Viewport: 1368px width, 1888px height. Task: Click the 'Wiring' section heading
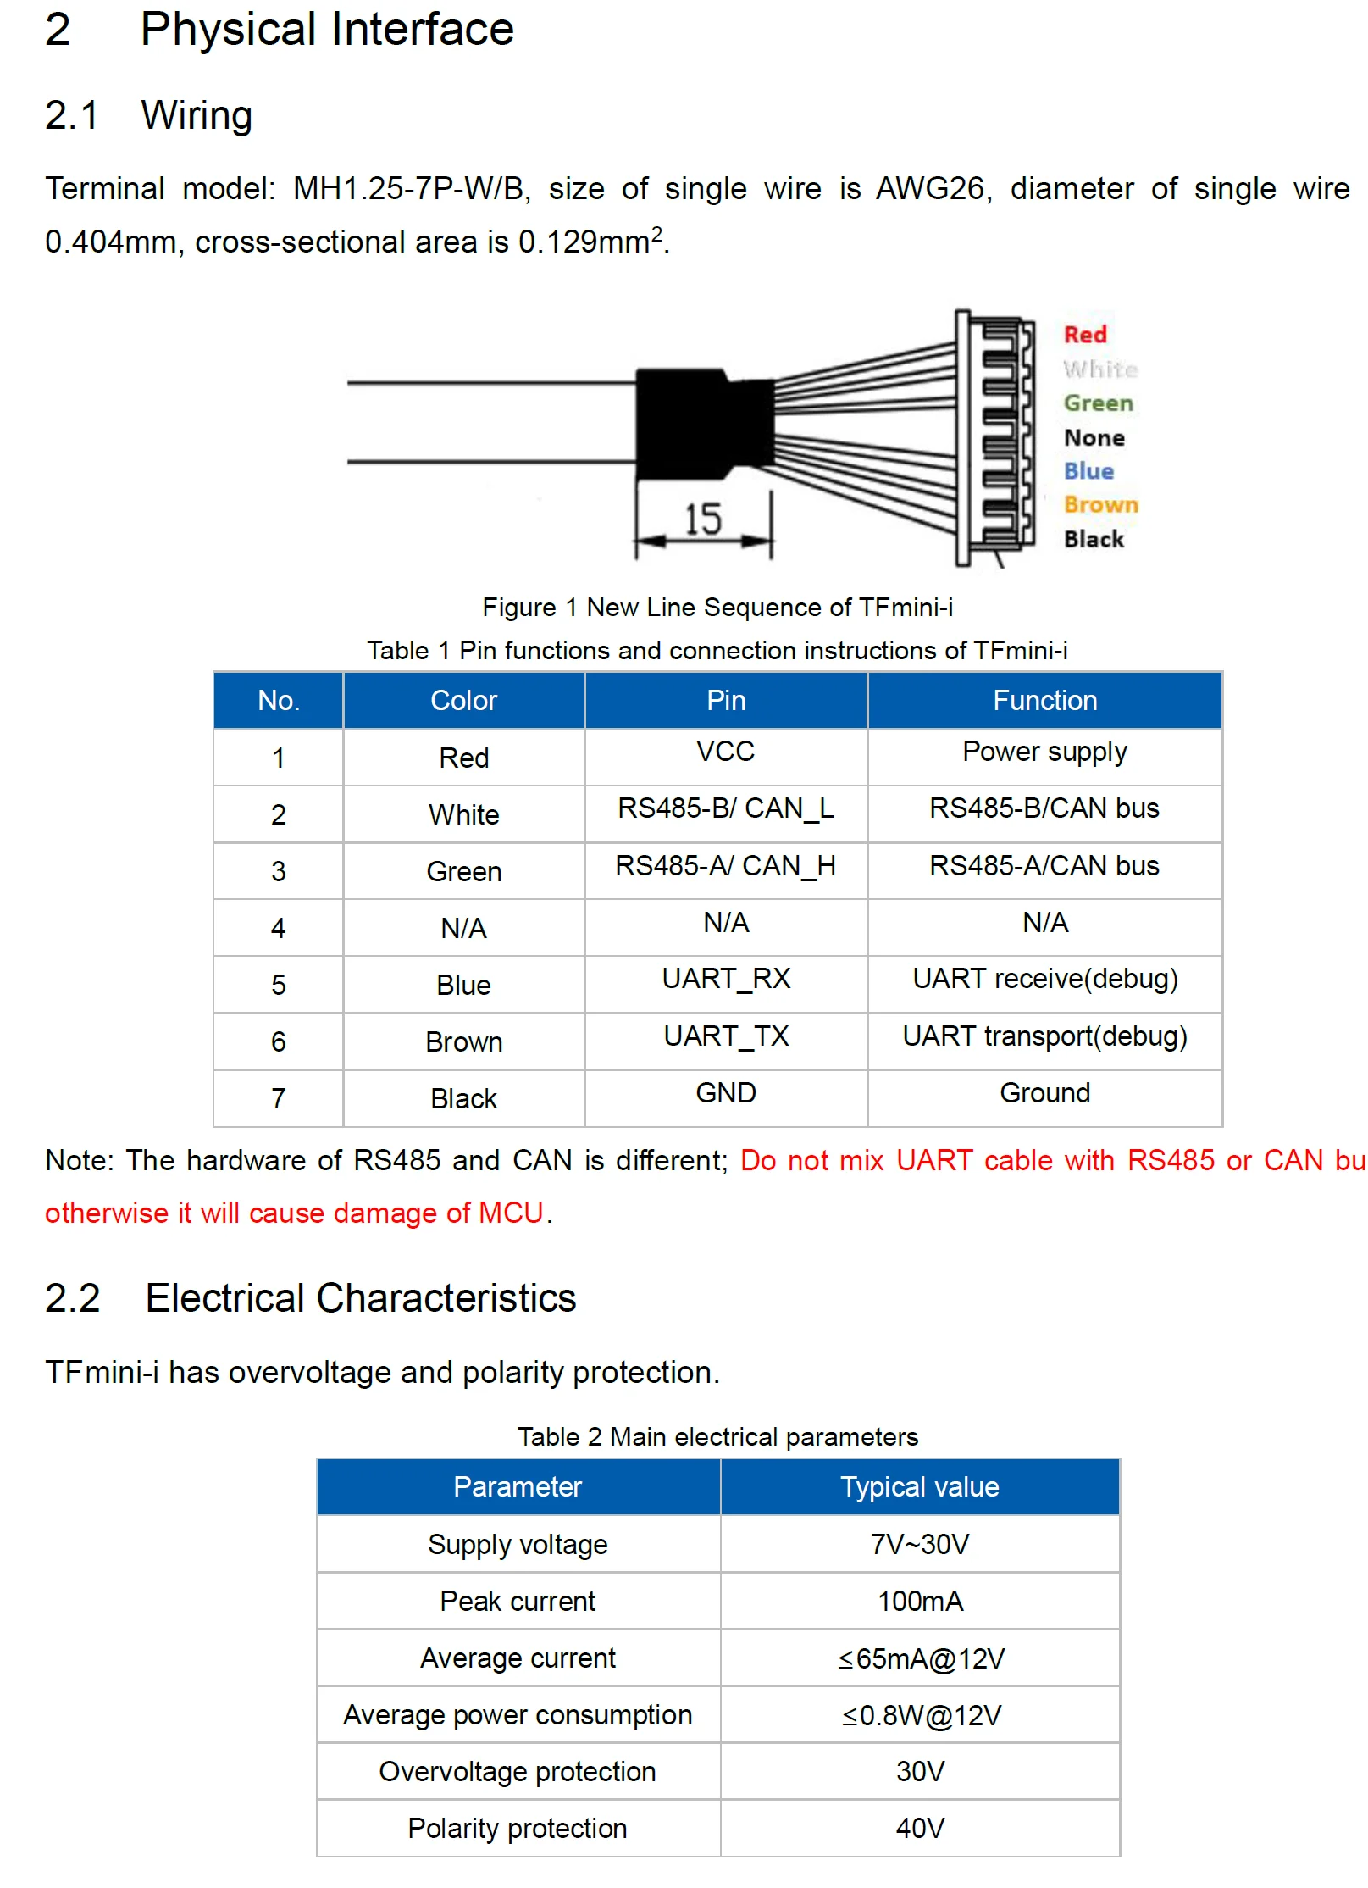[x=197, y=115]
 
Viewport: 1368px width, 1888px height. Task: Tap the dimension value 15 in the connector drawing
[x=702, y=519]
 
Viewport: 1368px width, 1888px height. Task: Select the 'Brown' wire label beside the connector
[x=1100, y=505]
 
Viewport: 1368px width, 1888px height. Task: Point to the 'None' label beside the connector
[x=1094, y=438]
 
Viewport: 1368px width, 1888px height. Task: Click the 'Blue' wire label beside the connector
[x=1088, y=471]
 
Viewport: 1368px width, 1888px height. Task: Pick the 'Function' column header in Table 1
[x=1044, y=701]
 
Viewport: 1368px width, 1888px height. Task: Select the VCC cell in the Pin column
[x=725, y=752]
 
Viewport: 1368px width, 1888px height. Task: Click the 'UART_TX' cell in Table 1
[x=726, y=1036]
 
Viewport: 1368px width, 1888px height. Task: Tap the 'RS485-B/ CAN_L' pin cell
[x=725, y=808]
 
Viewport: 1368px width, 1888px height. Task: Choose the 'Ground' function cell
[x=1044, y=1093]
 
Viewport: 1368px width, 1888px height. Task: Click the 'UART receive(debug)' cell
[x=1044, y=979]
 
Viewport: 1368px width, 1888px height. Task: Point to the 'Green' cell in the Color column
[x=463, y=871]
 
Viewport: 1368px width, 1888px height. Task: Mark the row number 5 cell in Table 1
[x=278, y=985]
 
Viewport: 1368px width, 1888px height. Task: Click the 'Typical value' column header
[x=919, y=1487]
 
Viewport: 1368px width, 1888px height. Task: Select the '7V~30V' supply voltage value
[x=919, y=1544]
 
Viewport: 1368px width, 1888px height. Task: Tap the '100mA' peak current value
[x=920, y=1601]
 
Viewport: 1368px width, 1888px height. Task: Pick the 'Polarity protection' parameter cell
[x=517, y=1828]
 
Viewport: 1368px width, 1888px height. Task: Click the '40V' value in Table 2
[x=920, y=1828]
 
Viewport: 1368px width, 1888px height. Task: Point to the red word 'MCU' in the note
[x=511, y=1213]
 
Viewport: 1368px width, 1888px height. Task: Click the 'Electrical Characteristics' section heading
[x=360, y=1298]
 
